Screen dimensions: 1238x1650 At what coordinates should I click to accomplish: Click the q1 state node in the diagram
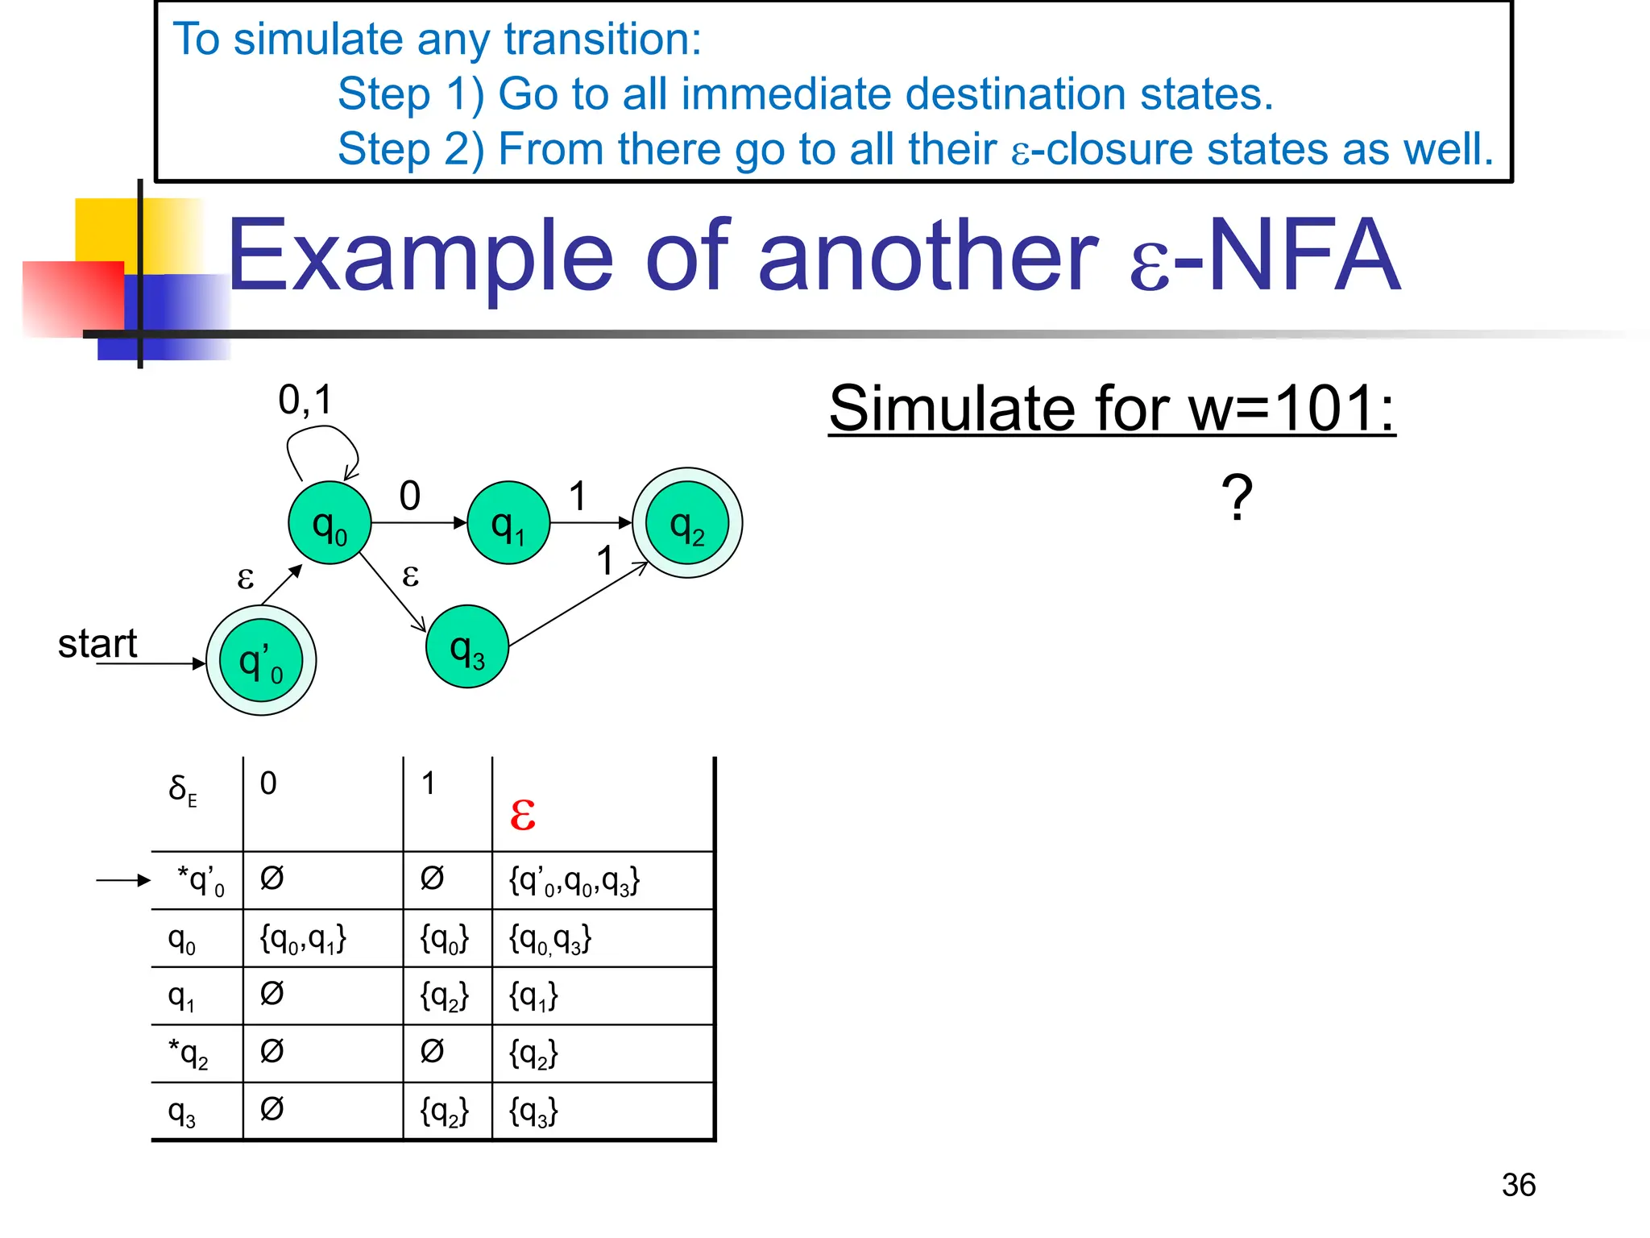pos(508,523)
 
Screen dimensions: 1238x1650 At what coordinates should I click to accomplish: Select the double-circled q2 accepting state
pos(687,523)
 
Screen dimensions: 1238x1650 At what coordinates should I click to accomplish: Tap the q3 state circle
pos(467,647)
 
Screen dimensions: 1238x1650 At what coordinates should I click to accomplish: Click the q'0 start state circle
pos(261,661)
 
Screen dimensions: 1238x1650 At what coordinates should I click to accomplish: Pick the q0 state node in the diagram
pos(330,523)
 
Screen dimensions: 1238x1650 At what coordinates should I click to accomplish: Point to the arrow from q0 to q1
pos(419,523)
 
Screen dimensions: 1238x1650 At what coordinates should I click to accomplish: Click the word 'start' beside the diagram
pos(97,644)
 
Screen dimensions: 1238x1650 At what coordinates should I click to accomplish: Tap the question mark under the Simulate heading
pos(1237,497)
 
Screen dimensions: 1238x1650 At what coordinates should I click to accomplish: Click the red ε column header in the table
pos(523,814)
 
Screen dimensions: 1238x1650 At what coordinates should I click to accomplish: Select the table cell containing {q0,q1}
pos(303,939)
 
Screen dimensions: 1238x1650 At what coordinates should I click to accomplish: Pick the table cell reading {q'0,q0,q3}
pos(574,881)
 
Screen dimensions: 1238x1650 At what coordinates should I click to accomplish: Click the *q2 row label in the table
pos(189,1053)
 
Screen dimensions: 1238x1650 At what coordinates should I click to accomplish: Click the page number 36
pos(1519,1185)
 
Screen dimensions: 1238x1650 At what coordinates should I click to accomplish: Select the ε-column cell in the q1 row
pos(533,997)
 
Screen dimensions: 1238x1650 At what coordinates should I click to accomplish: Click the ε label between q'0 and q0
pos(246,578)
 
